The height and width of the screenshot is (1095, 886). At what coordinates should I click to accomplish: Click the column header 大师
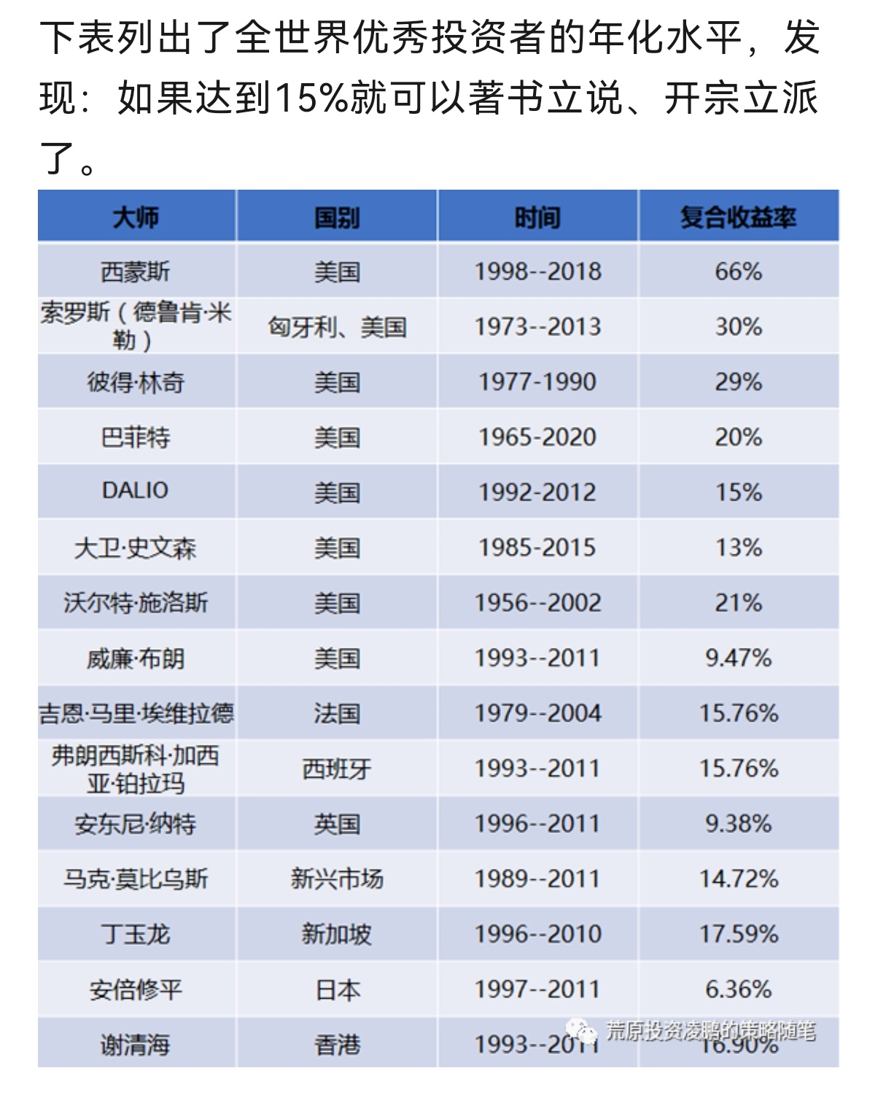coord(136,217)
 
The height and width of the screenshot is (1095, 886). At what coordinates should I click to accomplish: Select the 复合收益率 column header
coord(738,217)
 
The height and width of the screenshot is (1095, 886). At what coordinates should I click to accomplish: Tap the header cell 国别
coord(337,217)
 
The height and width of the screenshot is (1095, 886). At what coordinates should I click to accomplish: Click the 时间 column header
coord(537,217)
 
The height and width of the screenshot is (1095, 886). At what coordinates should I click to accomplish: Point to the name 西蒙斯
coord(136,272)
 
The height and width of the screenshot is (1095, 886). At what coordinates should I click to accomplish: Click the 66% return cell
coord(738,272)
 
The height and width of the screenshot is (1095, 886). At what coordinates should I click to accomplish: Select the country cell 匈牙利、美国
coord(337,327)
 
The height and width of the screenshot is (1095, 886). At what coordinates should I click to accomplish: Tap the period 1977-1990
coord(537,382)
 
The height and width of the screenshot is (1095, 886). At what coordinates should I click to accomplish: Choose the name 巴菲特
coord(136,438)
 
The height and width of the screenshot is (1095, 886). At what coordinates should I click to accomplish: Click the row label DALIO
coord(136,491)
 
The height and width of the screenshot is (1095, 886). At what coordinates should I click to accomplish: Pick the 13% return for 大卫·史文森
coord(738,548)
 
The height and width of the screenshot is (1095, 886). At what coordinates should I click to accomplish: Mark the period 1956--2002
coord(537,603)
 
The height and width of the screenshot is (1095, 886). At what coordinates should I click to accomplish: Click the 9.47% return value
coord(738,658)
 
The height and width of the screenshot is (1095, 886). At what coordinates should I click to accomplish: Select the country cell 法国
coord(337,713)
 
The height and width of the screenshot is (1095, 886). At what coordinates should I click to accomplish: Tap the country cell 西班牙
coord(337,769)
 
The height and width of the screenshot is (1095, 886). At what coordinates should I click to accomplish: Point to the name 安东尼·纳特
coord(136,824)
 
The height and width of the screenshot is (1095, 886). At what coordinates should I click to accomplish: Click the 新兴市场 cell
coord(337,879)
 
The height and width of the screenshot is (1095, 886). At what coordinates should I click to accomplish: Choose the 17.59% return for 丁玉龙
coord(738,935)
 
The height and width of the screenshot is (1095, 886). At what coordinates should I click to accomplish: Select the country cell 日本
coord(337,990)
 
